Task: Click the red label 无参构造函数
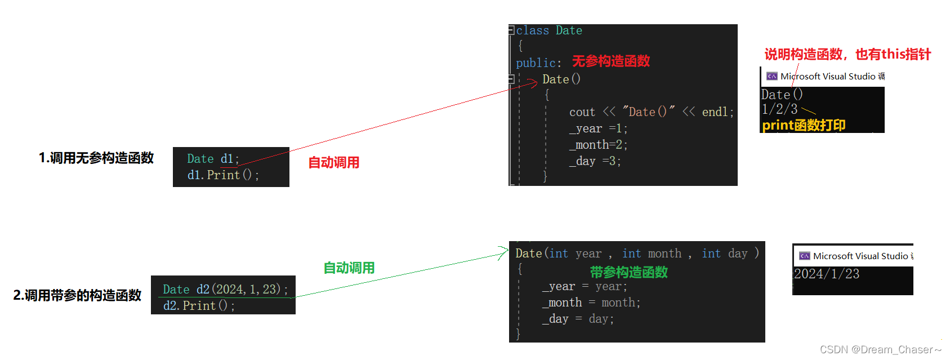[611, 61]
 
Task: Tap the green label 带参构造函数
[628, 272]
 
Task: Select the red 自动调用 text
[333, 163]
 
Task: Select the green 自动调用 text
[349, 268]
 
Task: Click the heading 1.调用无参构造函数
[96, 158]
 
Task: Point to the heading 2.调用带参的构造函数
[77, 295]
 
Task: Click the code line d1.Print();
[223, 175]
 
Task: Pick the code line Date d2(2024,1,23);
[225, 290]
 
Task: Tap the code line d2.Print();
[199, 306]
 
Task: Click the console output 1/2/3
[779, 109]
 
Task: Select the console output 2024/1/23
[826, 274]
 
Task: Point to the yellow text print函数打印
[804, 125]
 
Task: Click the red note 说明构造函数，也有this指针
[848, 54]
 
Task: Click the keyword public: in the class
[538, 63]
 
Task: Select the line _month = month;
[591, 303]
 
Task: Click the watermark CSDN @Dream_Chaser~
[880, 350]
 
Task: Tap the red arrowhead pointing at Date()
[533, 84]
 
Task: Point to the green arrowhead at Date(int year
[503, 254]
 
